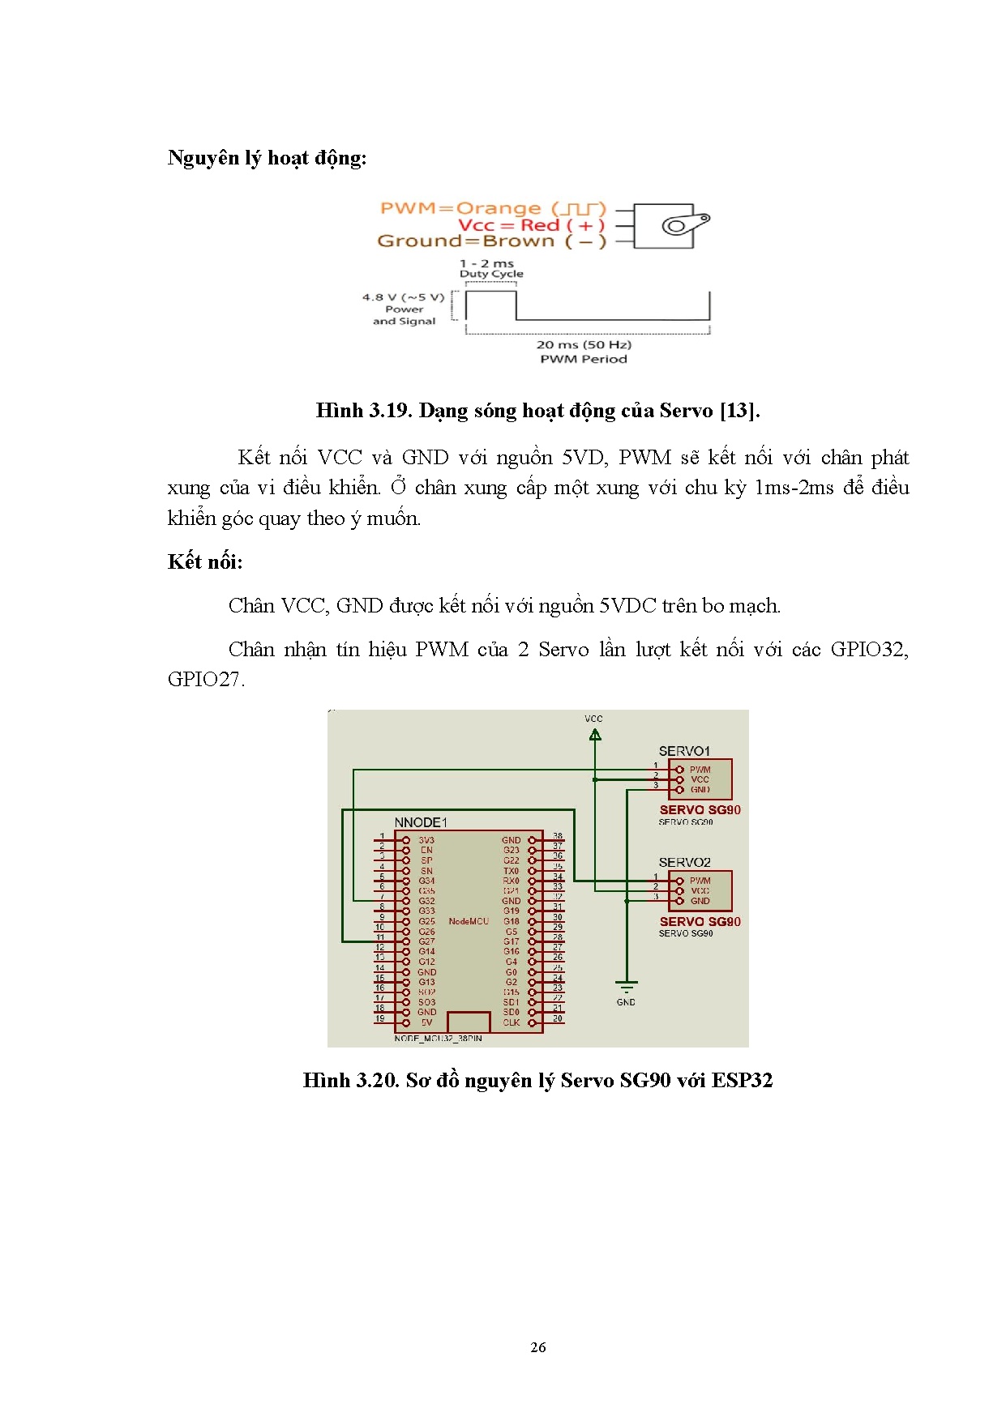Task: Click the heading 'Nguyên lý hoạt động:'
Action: (x=267, y=158)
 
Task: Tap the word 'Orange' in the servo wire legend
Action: (x=498, y=209)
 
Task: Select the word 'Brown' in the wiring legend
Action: (x=518, y=241)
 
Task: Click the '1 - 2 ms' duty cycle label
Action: (x=486, y=263)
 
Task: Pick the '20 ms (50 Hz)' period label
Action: (x=584, y=344)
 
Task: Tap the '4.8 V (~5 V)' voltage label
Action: (x=403, y=297)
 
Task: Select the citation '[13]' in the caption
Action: (x=739, y=411)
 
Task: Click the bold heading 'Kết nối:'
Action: (x=205, y=562)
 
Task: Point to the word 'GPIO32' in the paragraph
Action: (x=869, y=650)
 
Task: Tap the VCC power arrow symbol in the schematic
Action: (x=595, y=735)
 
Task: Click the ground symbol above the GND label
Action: (x=626, y=987)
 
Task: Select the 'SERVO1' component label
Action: (x=684, y=751)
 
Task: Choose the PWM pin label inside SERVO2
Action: (x=700, y=881)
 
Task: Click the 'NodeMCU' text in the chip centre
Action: (x=469, y=921)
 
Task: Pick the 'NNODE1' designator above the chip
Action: (x=420, y=822)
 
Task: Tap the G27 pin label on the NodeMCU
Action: (x=426, y=941)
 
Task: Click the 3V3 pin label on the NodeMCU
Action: (x=426, y=840)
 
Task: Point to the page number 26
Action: (x=537, y=1347)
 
